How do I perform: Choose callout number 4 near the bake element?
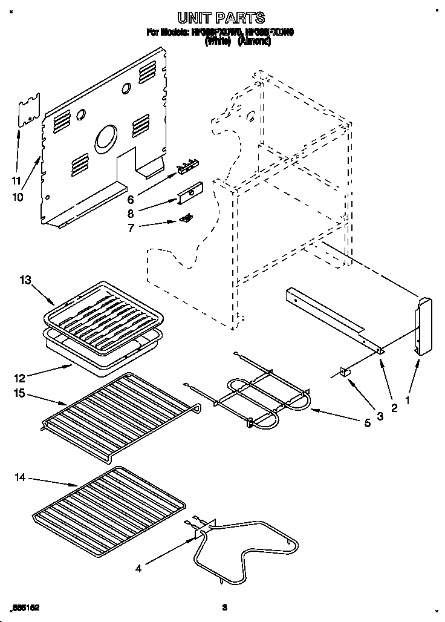coord(138,568)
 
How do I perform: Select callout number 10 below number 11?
coord(18,197)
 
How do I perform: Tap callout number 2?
coord(394,408)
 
